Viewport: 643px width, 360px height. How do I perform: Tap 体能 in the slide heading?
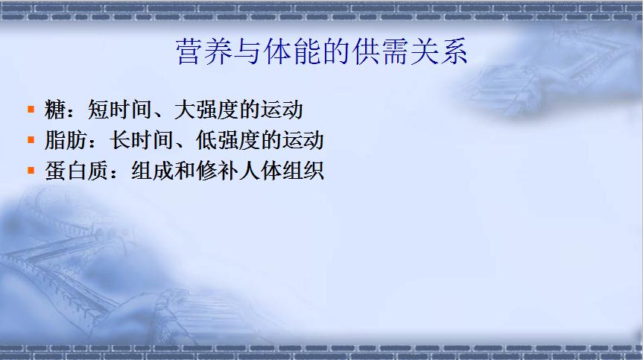[x=292, y=52]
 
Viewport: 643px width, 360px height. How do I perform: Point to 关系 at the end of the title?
[x=439, y=52]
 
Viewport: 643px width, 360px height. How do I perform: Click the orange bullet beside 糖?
[x=31, y=109]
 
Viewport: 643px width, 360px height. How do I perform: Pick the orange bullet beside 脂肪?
[x=31, y=140]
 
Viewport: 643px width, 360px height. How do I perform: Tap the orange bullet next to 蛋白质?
[x=31, y=170]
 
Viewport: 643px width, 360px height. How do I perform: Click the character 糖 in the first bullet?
[x=55, y=110]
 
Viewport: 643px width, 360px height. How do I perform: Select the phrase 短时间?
[x=120, y=110]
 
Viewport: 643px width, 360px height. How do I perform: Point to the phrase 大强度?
[x=206, y=110]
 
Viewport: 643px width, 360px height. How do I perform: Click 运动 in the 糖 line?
[x=282, y=110]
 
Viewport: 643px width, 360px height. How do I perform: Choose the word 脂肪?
[x=66, y=140]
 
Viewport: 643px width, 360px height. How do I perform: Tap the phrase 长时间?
[x=142, y=140]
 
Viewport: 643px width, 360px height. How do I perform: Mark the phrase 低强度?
[x=228, y=140]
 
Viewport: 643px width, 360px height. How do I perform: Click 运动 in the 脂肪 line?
[x=303, y=140]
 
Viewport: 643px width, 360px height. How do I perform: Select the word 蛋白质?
[x=77, y=171]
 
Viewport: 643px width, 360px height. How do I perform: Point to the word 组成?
[x=152, y=171]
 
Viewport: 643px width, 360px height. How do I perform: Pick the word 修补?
[x=218, y=171]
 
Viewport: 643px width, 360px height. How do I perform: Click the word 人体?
[x=260, y=171]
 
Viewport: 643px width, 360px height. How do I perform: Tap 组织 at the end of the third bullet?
[x=303, y=171]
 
